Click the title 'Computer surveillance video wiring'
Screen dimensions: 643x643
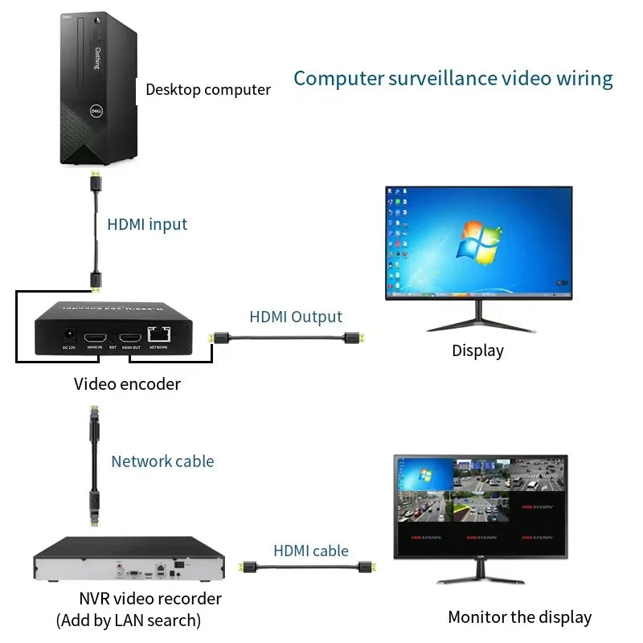click(453, 78)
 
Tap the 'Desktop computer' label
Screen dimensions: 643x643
click(208, 89)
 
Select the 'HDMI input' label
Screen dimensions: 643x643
click(147, 224)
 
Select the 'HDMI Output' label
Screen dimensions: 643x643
click(295, 317)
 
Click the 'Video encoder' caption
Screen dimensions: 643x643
click(127, 383)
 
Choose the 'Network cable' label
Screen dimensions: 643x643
click(162, 461)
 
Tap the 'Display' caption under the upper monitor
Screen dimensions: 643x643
click(477, 350)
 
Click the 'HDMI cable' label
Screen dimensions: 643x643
click(311, 551)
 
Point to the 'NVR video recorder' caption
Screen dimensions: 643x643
click(150, 598)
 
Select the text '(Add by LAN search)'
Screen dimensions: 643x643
click(129, 620)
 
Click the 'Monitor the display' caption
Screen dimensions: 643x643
click(519, 617)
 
